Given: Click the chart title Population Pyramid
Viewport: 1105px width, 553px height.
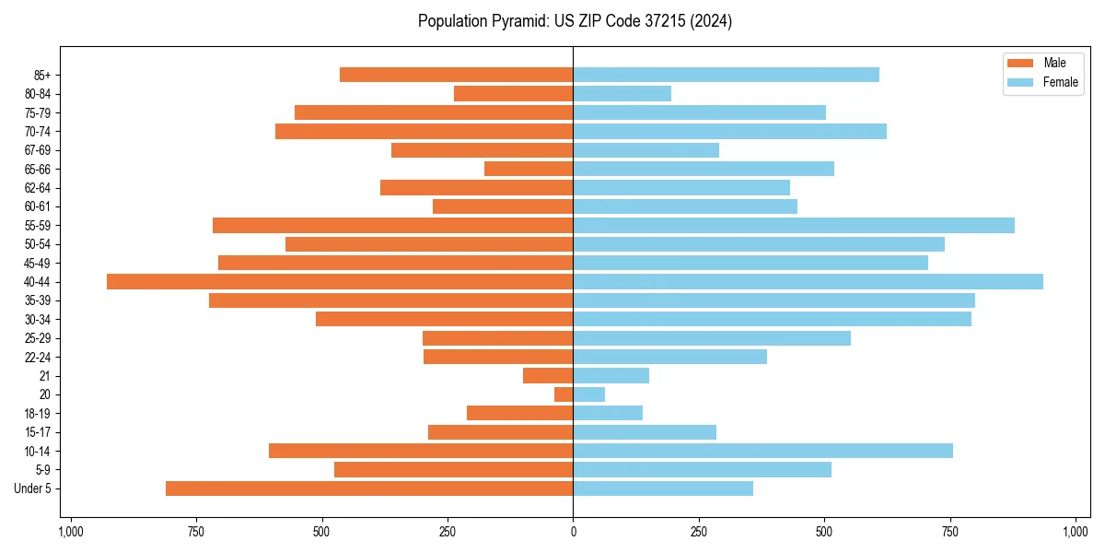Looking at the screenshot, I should pos(575,21).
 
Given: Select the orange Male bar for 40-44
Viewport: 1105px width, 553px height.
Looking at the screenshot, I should pos(340,282).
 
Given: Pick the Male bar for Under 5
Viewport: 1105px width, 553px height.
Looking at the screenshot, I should pos(369,488).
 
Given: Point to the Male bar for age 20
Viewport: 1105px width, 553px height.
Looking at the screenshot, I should pos(564,394).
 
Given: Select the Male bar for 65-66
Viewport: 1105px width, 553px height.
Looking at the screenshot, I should pos(529,169).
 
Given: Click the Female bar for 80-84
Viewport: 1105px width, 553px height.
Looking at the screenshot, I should pos(622,94).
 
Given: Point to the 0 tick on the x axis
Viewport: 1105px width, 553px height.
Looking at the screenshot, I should pos(573,532).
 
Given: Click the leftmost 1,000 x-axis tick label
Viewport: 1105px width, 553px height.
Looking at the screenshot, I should pos(71,532).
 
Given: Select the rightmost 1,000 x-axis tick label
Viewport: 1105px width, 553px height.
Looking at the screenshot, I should pos(1076,532).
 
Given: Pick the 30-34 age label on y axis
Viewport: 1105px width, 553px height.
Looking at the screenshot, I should pos(38,320).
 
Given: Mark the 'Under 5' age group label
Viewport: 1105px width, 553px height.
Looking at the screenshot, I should pos(32,488).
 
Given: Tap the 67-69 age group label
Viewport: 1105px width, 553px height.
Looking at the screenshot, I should pos(38,150).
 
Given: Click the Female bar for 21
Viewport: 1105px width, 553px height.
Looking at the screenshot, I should pos(611,376).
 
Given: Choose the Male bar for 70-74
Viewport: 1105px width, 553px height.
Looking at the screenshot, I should pos(424,132).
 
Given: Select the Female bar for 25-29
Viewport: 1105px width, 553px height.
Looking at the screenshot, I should pos(712,338).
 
